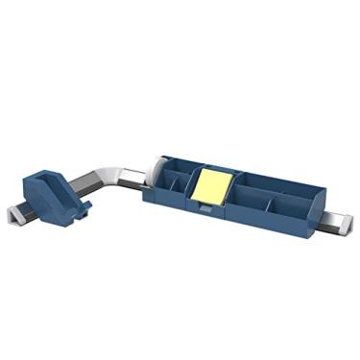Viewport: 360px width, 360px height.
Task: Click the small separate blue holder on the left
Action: (56, 193)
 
